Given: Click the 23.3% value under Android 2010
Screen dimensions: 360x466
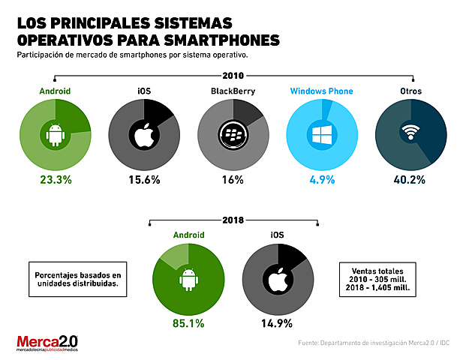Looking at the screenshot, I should [x=56, y=180].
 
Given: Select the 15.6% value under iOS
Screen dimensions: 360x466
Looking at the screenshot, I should [x=143, y=180].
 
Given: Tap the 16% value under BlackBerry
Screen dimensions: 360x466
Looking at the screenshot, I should [x=232, y=180].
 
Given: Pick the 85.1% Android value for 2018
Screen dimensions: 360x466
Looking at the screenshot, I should [x=188, y=325].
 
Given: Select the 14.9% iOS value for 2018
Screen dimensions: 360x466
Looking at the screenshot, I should [x=278, y=325].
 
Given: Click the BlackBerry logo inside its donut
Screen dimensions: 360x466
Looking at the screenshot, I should [x=232, y=136].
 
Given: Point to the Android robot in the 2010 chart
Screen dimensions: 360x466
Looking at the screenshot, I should [x=56, y=136].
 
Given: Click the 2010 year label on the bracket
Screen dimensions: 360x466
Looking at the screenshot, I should [x=233, y=75].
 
